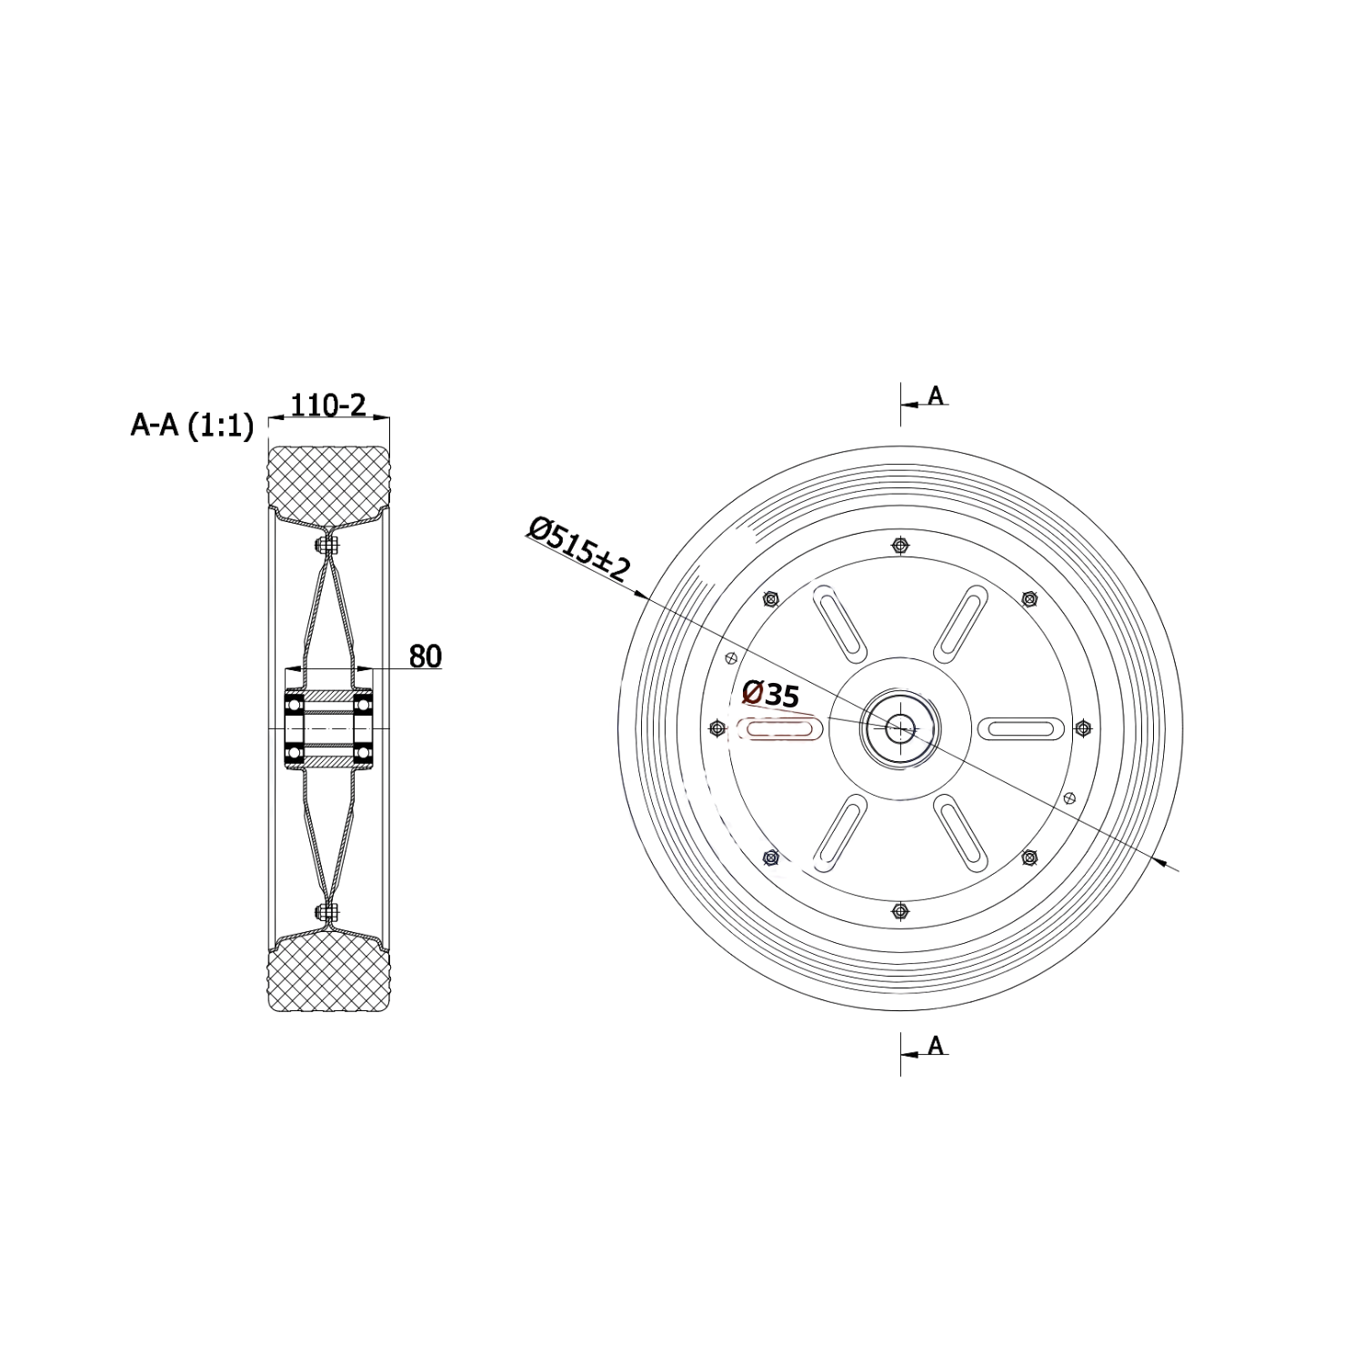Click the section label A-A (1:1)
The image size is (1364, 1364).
192,425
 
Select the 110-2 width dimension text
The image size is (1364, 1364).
327,405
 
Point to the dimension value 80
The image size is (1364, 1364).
425,656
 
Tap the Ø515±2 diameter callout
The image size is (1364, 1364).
578,549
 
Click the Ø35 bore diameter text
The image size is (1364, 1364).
770,694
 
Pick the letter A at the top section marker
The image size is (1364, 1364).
935,395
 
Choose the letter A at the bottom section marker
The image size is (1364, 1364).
935,1046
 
